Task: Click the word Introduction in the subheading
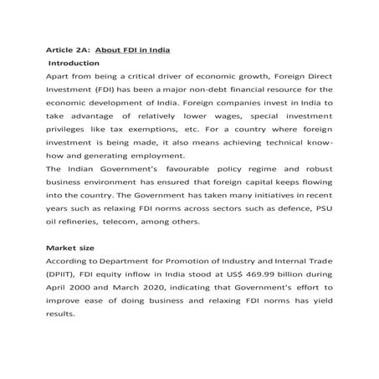(75, 63)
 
